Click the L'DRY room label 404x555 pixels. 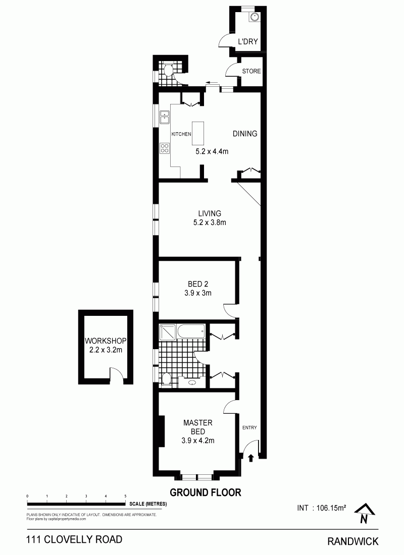coord(248,41)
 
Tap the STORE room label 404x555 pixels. coord(251,71)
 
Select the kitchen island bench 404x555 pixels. coord(198,133)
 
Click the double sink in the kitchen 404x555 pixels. coord(165,117)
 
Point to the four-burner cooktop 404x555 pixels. coord(165,148)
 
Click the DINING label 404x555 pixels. coord(245,133)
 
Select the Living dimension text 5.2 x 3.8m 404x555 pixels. coord(210,223)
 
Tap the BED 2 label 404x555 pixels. coord(198,284)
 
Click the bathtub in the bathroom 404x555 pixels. coord(191,331)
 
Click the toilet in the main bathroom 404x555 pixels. coord(166,379)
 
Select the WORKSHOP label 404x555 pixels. coord(106,341)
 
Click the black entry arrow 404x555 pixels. coord(251,458)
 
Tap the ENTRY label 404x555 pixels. coord(249,427)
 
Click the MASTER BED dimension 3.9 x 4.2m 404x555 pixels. coord(198,440)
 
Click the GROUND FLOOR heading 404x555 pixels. coord(206,492)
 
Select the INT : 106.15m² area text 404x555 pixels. coord(322,508)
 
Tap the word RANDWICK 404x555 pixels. coord(353,541)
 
